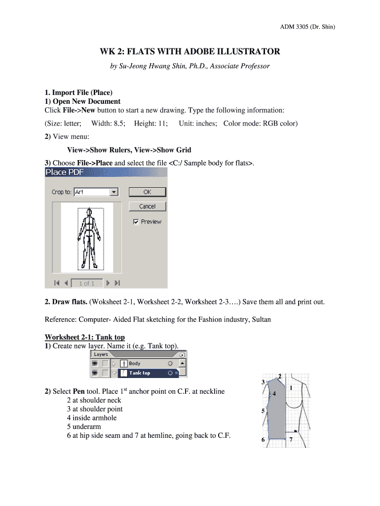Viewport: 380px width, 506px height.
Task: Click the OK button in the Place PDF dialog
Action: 148,192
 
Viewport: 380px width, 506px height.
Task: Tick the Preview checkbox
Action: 136,222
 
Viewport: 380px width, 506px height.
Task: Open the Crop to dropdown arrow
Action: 114,192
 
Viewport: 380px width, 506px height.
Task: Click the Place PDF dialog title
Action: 65,172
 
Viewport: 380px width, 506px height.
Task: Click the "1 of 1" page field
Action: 86,283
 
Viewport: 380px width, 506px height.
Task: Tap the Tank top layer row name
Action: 140,373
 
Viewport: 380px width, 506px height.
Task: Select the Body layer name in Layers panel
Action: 134,364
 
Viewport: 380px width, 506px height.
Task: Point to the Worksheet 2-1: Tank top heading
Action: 85,337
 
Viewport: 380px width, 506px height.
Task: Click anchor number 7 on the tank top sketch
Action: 291,439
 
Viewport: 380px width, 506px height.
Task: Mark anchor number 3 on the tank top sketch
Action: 263,382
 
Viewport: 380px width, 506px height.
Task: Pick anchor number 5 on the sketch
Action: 263,411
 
